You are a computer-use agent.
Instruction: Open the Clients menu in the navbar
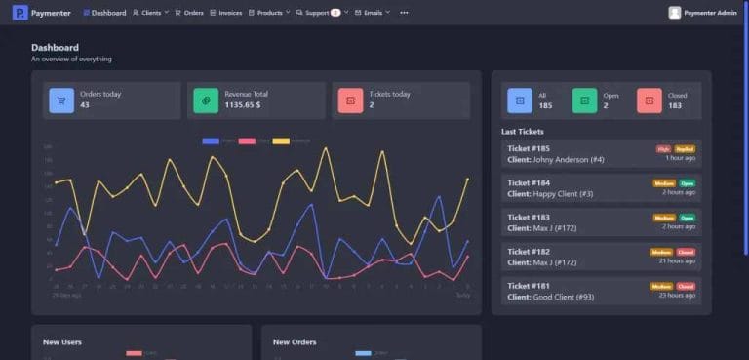pos(150,13)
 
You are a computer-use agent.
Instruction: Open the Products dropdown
pos(269,13)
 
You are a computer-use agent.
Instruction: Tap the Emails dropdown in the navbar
pos(373,13)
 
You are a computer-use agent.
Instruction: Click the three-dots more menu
pos(404,13)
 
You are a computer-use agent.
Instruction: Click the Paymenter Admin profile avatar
pos(675,13)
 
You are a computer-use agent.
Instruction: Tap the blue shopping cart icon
pos(61,100)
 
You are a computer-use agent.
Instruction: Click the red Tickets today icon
pos(350,100)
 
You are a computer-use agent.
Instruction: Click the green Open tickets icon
pos(584,100)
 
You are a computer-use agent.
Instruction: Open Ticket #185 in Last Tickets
pos(529,149)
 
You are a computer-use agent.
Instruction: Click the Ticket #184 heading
pos(529,183)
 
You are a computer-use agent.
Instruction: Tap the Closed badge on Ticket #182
pos(687,252)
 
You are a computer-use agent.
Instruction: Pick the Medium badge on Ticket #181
pos(661,286)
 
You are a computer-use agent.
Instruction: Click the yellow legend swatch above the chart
pos(280,141)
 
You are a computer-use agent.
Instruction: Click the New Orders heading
pos(295,342)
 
